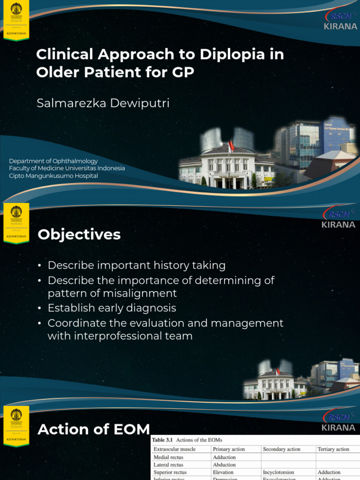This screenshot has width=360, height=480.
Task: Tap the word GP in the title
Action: click(184, 73)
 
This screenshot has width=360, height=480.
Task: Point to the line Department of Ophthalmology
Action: click(53, 161)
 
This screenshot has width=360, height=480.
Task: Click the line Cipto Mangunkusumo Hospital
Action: click(53, 176)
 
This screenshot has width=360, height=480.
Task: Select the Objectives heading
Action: click(79, 234)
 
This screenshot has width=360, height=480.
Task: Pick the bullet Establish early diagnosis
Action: click(112, 308)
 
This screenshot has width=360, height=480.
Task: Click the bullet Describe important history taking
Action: click(136, 265)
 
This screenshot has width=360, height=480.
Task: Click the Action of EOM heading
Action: click(94, 429)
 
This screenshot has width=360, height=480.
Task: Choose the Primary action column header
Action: click(229, 449)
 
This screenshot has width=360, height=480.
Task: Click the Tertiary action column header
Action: click(333, 449)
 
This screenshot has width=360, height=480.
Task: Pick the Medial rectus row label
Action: click(168, 457)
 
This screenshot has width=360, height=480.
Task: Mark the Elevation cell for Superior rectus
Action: click(223, 472)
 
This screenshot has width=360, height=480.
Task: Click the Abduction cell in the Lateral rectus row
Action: click(224, 465)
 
